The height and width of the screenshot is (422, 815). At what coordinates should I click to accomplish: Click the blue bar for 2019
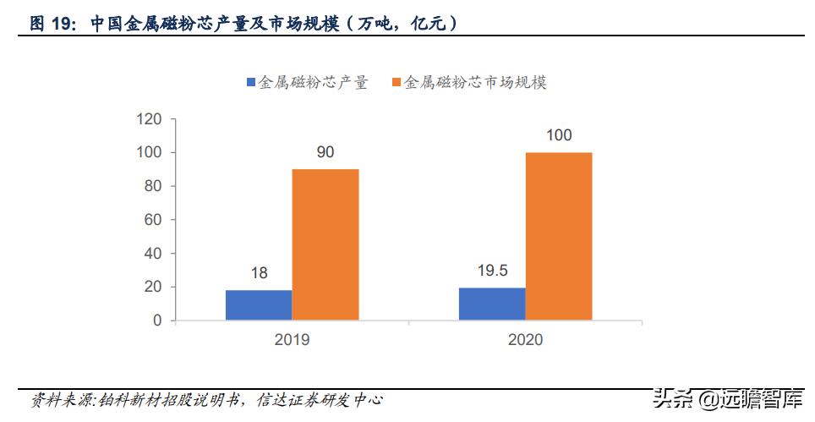[259, 305]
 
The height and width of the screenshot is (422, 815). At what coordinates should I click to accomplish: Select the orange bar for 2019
[325, 244]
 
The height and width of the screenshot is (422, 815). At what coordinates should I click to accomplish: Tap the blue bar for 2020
[491, 304]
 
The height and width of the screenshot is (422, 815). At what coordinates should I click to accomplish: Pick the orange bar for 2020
[559, 236]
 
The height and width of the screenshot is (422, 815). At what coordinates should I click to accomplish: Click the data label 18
[259, 274]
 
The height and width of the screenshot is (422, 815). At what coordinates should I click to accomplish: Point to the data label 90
[325, 153]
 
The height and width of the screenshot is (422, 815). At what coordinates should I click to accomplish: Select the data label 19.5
[491, 271]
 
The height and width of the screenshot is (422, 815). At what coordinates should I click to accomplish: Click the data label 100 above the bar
[559, 135]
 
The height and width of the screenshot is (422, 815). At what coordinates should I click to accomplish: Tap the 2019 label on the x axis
[293, 340]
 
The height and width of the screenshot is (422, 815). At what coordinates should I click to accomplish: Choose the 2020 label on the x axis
[526, 340]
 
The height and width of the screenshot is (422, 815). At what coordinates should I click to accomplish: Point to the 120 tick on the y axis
[149, 119]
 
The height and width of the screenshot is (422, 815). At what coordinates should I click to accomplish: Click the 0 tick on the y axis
[157, 321]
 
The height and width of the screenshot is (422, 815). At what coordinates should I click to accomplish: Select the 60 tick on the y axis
[153, 220]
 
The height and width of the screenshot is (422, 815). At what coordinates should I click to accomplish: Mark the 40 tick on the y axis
[153, 254]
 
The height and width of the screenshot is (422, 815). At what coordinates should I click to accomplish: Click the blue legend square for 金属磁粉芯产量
[251, 83]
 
